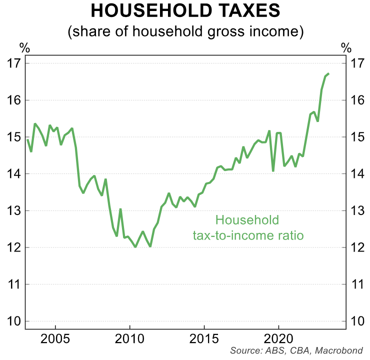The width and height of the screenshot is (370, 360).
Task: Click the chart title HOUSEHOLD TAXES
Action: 185,11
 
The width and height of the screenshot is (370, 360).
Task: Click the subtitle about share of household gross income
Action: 185,32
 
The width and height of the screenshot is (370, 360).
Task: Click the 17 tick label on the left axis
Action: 13,63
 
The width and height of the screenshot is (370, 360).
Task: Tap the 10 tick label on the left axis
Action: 13,321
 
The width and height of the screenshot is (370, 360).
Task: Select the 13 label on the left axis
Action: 13,210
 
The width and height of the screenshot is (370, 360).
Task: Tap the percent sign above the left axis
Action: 24,48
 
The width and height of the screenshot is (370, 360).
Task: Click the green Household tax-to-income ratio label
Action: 248,227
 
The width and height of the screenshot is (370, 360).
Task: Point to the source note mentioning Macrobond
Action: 296,350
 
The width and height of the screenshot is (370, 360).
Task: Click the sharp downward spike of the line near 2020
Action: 273,171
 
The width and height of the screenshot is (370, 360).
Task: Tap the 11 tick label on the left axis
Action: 13,284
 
